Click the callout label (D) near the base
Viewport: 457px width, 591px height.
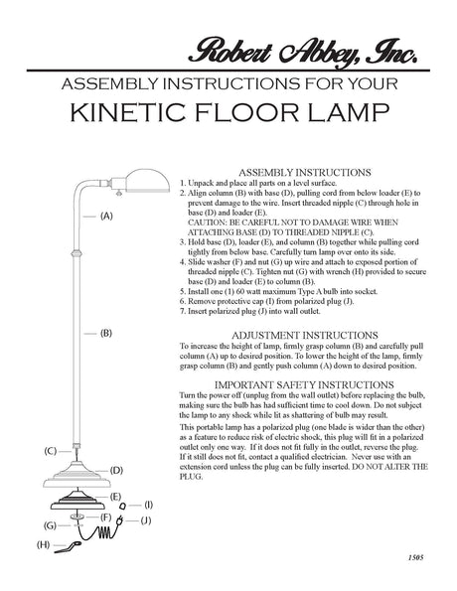(116, 469)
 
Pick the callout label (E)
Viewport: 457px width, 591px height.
(116, 495)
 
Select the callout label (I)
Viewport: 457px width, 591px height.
(148, 505)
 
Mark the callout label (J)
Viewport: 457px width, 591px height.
(145, 520)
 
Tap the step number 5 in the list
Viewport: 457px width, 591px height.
(184, 292)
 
